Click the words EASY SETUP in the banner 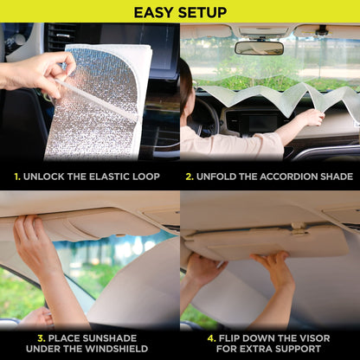(180, 12)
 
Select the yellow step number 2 (190, 176)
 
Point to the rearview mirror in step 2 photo (259, 48)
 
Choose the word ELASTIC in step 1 (118, 176)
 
